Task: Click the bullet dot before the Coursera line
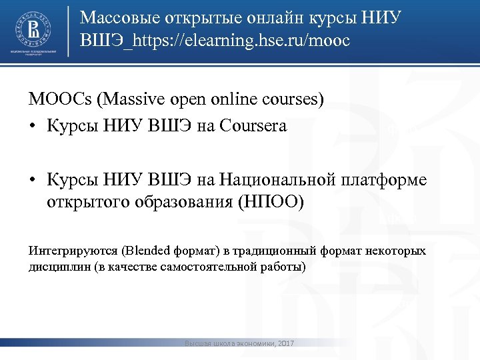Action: (33, 125)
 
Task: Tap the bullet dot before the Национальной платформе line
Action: (33, 181)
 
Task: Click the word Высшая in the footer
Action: (198, 343)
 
